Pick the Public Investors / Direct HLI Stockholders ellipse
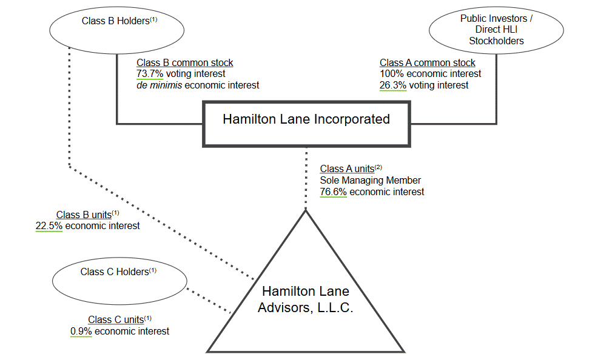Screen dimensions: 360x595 (x=496, y=30)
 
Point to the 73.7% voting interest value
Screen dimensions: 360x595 (x=150, y=74)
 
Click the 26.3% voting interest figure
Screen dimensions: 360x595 (x=393, y=85)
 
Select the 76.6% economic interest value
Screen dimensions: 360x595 (x=333, y=192)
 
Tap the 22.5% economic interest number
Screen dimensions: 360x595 (x=49, y=226)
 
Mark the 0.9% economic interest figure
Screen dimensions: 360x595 (x=81, y=332)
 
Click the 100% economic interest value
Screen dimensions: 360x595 (x=391, y=74)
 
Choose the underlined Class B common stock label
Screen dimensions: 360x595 (x=184, y=63)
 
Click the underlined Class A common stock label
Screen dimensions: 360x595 (x=427, y=63)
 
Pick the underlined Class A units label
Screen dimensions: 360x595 (x=347, y=169)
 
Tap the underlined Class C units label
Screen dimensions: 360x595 (x=116, y=320)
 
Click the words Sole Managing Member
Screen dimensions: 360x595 (x=370, y=181)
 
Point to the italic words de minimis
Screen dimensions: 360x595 (x=159, y=85)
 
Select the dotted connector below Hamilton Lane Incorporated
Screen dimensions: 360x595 (x=306, y=179)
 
